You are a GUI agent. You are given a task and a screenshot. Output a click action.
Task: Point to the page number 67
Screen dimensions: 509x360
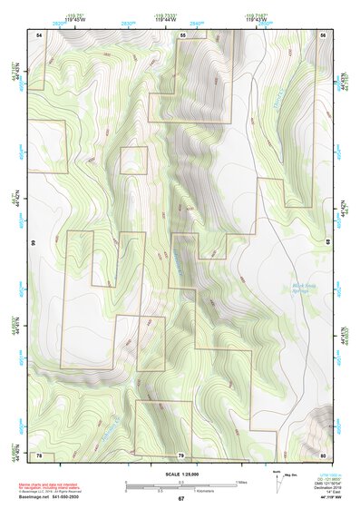pyautogui.click(x=180, y=499)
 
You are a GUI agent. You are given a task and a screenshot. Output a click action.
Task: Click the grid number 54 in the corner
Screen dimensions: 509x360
pyautogui.click(x=38, y=34)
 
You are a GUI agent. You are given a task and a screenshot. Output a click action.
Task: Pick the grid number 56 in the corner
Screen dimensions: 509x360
pyautogui.click(x=322, y=34)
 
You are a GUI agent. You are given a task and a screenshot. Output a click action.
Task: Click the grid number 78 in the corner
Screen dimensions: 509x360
pyautogui.click(x=38, y=455)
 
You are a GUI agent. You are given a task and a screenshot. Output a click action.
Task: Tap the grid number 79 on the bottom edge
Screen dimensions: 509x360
pyautogui.click(x=180, y=455)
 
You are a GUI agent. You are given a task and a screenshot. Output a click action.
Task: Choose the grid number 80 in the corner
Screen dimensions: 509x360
pyautogui.click(x=322, y=455)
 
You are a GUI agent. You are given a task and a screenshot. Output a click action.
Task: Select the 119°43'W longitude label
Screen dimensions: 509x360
pyautogui.click(x=255, y=20)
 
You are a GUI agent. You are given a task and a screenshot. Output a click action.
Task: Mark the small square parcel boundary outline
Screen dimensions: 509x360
pyautogui.click(x=132, y=160)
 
